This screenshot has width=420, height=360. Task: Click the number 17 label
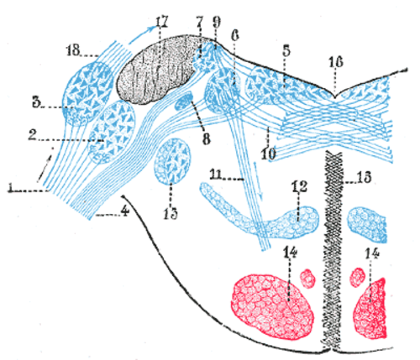click(161, 23)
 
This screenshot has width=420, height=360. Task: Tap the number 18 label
click(74, 50)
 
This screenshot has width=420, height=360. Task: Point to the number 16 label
click(336, 62)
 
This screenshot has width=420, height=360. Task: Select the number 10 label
click(269, 154)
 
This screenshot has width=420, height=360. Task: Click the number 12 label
click(299, 186)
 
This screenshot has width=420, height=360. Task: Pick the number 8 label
click(207, 139)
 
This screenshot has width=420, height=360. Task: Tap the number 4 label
click(125, 211)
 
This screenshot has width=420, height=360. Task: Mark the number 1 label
click(11, 187)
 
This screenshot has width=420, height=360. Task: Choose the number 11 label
click(217, 175)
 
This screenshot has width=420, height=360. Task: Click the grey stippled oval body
click(157, 70)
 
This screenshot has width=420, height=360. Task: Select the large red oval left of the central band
click(272, 305)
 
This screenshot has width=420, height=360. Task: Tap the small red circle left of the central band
click(308, 279)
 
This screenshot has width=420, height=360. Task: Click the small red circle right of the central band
click(358, 277)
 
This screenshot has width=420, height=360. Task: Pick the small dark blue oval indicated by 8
click(184, 102)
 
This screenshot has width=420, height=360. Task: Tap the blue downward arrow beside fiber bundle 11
click(259, 180)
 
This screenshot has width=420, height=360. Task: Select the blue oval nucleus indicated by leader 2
click(113, 132)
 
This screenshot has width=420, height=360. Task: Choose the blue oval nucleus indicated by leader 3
click(87, 94)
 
